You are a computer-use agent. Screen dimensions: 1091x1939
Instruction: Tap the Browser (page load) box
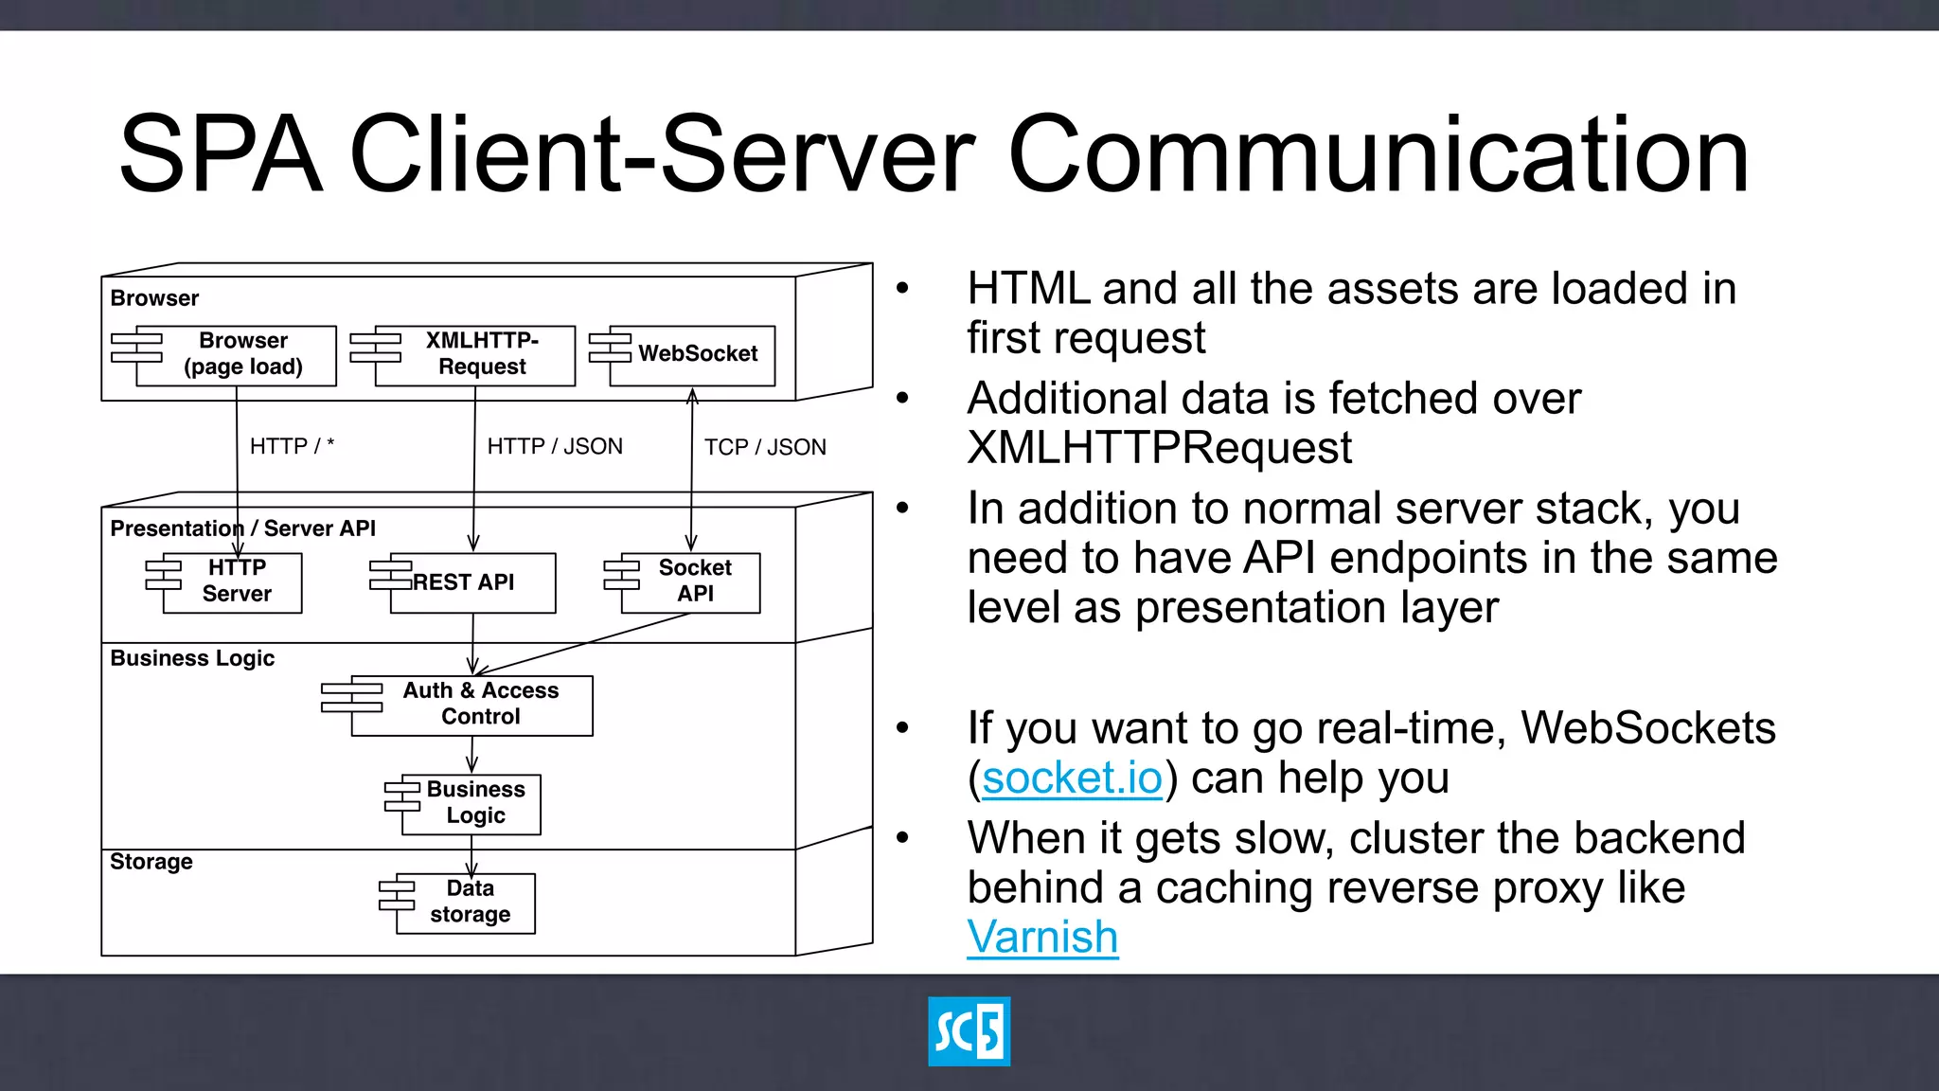(237, 355)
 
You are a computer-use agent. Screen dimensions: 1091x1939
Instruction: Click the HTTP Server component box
(232, 582)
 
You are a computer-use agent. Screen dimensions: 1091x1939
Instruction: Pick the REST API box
(472, 582)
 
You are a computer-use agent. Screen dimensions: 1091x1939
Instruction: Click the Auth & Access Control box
(471, 705)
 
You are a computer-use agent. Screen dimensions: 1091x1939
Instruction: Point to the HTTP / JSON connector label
(555, 446)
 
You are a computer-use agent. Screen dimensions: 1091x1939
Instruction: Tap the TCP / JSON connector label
(765, 447)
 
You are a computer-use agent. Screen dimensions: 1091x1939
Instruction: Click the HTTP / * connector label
(292, 446)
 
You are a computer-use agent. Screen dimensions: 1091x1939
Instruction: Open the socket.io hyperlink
(1072, 778)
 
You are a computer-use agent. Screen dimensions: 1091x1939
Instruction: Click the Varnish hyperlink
(1042, 938)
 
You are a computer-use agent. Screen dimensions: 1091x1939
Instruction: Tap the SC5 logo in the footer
(969, 1031)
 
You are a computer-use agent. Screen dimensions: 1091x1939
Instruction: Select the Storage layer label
(151, 862)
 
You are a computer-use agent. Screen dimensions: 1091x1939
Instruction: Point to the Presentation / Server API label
(242, 528)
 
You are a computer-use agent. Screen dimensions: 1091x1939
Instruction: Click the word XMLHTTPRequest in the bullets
(1160, 448)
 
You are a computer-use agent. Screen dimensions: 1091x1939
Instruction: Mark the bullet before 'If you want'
(902, 728)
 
